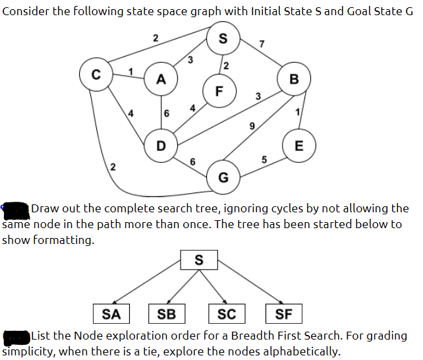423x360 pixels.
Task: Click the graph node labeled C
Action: [96, 73]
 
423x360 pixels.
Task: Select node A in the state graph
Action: [161, 79]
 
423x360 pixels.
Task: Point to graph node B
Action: [294, 79]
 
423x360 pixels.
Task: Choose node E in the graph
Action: [298, 146]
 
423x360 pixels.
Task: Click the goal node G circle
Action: [223, 177]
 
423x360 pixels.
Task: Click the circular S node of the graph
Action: [223, 38]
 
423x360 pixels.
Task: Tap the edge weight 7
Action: [262, 44]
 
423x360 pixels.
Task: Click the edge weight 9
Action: [252, 125]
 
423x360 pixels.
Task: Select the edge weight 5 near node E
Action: [264, 159]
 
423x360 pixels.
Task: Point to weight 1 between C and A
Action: [130, 71]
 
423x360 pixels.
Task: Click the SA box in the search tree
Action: [111, 313]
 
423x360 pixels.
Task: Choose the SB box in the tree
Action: [167, 313]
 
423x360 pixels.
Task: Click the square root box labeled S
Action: [199, 260]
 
